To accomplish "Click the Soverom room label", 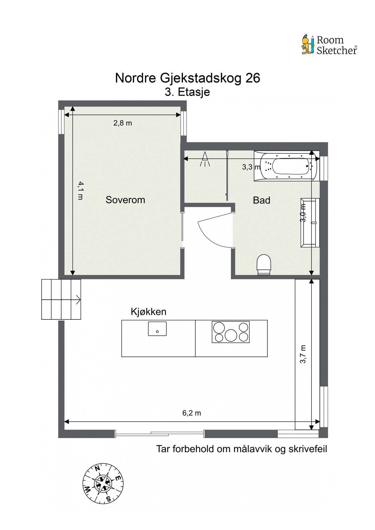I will tap(125, 200).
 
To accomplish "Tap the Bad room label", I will tap(261, 201).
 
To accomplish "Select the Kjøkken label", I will tap(148, 312).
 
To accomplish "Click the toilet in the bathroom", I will tap(264, 264).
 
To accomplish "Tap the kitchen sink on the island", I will tap(157, 329).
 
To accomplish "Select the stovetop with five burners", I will tap(231, 332).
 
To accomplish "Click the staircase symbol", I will tap(61, 299).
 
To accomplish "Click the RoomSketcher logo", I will tap(329, 45).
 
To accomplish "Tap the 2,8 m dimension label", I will tap(123, 123).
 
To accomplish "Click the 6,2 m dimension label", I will tap(191, 413).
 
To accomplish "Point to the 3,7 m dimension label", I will tap(303, 354).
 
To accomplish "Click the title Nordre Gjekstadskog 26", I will tap(187, 78).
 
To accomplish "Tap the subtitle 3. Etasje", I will tap(187, 92).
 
